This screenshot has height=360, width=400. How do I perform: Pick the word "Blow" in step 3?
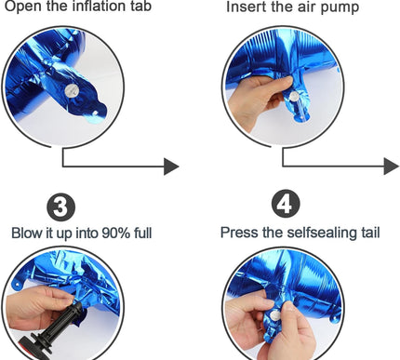point(28,232)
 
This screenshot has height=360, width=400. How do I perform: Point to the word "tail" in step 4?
point(367,232)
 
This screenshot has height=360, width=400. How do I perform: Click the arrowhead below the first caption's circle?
point(170,167)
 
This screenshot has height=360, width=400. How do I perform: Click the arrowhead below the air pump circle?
point(391,167)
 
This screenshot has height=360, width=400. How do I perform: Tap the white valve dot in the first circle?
point(67,87)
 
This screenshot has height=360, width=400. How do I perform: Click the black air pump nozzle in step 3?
point(62,327)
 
